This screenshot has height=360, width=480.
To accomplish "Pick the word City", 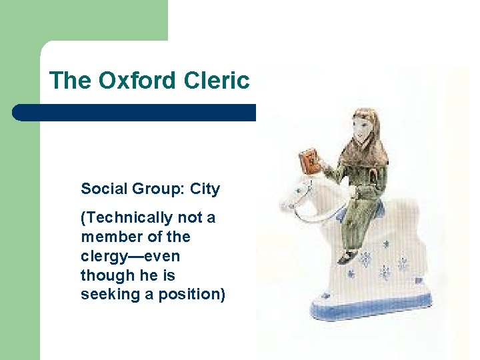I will [205, 189].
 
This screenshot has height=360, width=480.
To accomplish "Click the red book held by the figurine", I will [311, 162].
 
